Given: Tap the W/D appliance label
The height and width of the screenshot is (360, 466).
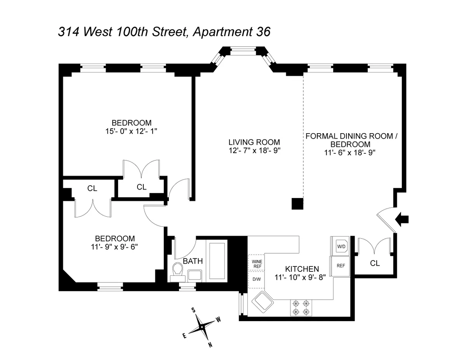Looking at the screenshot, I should coord(341,246).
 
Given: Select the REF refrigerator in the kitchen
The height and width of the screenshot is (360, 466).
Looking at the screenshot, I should coord(341,266).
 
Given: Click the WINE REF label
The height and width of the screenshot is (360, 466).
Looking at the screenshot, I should coord(257,264).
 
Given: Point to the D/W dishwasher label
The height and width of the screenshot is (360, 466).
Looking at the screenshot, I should coord(257,279).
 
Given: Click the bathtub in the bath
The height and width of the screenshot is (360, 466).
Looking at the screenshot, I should coord(217,261).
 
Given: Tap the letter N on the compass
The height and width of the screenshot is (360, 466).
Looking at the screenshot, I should coord(210,344).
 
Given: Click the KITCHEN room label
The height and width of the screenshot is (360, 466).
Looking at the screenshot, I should coord(302,269).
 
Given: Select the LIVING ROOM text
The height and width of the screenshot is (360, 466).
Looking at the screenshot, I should coord(254,142).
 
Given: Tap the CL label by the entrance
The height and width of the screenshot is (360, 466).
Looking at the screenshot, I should coord(374,263).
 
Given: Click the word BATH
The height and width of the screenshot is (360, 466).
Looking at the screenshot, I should coord(193,261).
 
